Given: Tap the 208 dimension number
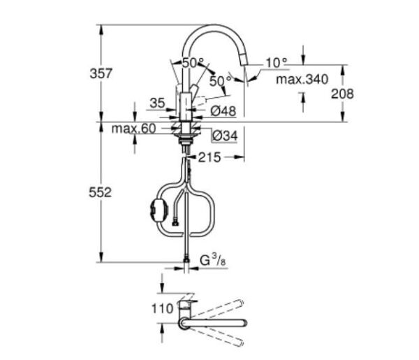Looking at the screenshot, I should coord(342,93).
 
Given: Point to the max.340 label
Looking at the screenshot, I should coord(301,80).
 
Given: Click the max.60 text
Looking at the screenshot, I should coord(133,129).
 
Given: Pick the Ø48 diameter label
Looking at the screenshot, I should coord(224,110).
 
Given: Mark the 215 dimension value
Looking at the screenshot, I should coord(209,157).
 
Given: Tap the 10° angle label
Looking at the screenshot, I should coord(275,62).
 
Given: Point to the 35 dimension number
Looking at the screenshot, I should coord(156,103).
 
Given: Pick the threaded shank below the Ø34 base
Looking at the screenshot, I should coord(186,144).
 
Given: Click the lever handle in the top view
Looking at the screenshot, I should coord(186,305).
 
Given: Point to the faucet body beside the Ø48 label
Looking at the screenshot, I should coord(186,105).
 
